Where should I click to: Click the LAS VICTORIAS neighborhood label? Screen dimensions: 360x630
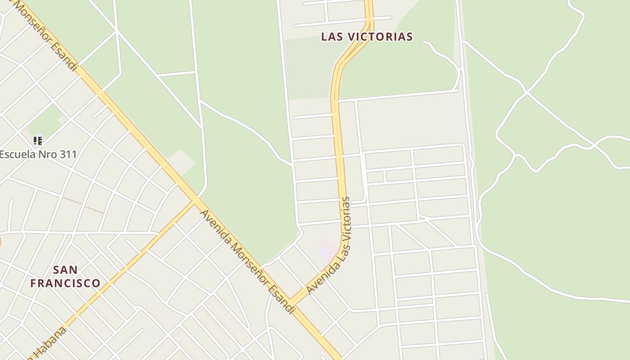pyautogui.click(x=367, y=37)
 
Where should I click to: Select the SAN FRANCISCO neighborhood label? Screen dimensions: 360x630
pyautogui.click(x=65, y=276)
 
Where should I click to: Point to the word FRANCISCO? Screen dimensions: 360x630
pyautogui.click(x=65, y=283)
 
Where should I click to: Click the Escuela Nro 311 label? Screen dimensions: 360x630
pyautogui.click(x=38, y=154)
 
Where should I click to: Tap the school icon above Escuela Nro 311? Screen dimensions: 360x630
pyautogui.click(x=38, y=141)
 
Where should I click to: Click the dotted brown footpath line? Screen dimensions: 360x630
pyautogui.click(x=83, y=205)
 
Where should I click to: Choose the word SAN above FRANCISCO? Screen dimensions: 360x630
pyautogui.click(x=65, y=270)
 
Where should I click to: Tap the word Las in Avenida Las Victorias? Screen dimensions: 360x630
pyautogui.click(x=335, y=254)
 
